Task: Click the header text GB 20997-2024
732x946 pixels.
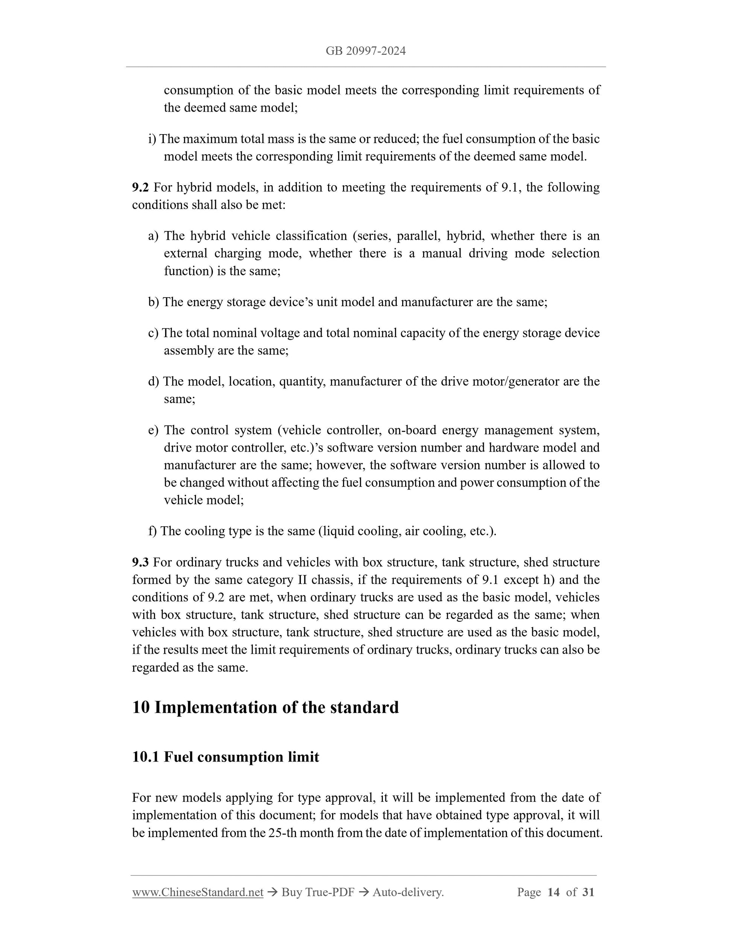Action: (x=365, y=51)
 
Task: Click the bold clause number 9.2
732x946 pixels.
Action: (x=140, y=187)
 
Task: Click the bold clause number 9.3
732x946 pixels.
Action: (x=140, y=562)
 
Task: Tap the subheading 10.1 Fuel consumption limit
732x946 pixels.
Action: (x=225, y=757)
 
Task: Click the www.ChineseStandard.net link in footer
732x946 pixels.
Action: (x=198, y=892)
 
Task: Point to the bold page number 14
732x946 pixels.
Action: (x=553, y=892)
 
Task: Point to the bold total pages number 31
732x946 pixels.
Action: (x=588, y=892)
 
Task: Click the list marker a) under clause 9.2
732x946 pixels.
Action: (x=153, y=236)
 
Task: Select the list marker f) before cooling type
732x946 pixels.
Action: (x=152, y=531)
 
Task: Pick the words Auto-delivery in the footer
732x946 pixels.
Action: (x=408, y=892)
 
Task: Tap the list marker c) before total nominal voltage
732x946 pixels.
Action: (x=153, y=333)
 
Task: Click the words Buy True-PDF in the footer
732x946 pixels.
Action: (x=317, y=892)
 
